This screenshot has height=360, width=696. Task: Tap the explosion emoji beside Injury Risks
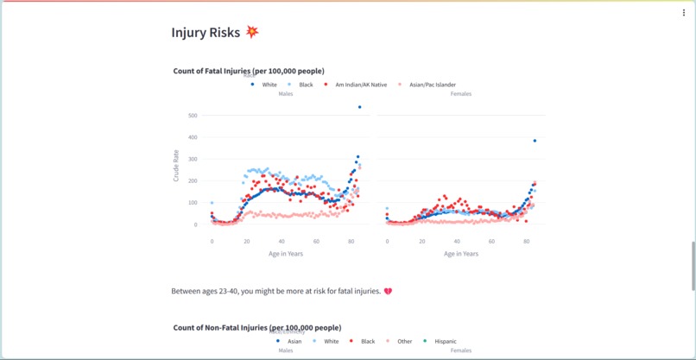pyautogui.click(x=252, y=32)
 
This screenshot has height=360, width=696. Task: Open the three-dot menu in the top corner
pyautogui.click(x=684, y=13)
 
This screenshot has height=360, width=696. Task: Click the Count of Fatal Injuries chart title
pyautogui.click(x=249, y=71)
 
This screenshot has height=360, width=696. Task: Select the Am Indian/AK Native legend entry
pyautogui.click(x=356, y=85)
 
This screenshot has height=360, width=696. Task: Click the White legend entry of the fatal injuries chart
pyautogui.click(x=264, y=85)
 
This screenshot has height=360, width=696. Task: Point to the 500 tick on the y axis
pyautogui.click(x=193, y=116)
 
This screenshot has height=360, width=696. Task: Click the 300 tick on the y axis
pyautogui.click(x=193, y=159)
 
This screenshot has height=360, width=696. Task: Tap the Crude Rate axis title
pyautogui.click(x=177, y=166)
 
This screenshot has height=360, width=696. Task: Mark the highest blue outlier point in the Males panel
pyautogui.click(x=360, y=107)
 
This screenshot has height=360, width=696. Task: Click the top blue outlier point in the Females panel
pyautogui.click(x=535, y=141)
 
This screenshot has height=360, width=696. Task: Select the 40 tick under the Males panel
pyautogui.click(x=282, y=242)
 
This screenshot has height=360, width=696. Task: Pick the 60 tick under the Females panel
pyautogui.click(x=491, y=242)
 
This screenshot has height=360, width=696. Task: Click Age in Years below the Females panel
pyautogui.click(x=461, y=254)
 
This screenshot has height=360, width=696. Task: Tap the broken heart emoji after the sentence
pyautogui.click(x=388, y=292)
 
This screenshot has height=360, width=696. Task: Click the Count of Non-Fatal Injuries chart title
pyautogui.click(x=256, y=328)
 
